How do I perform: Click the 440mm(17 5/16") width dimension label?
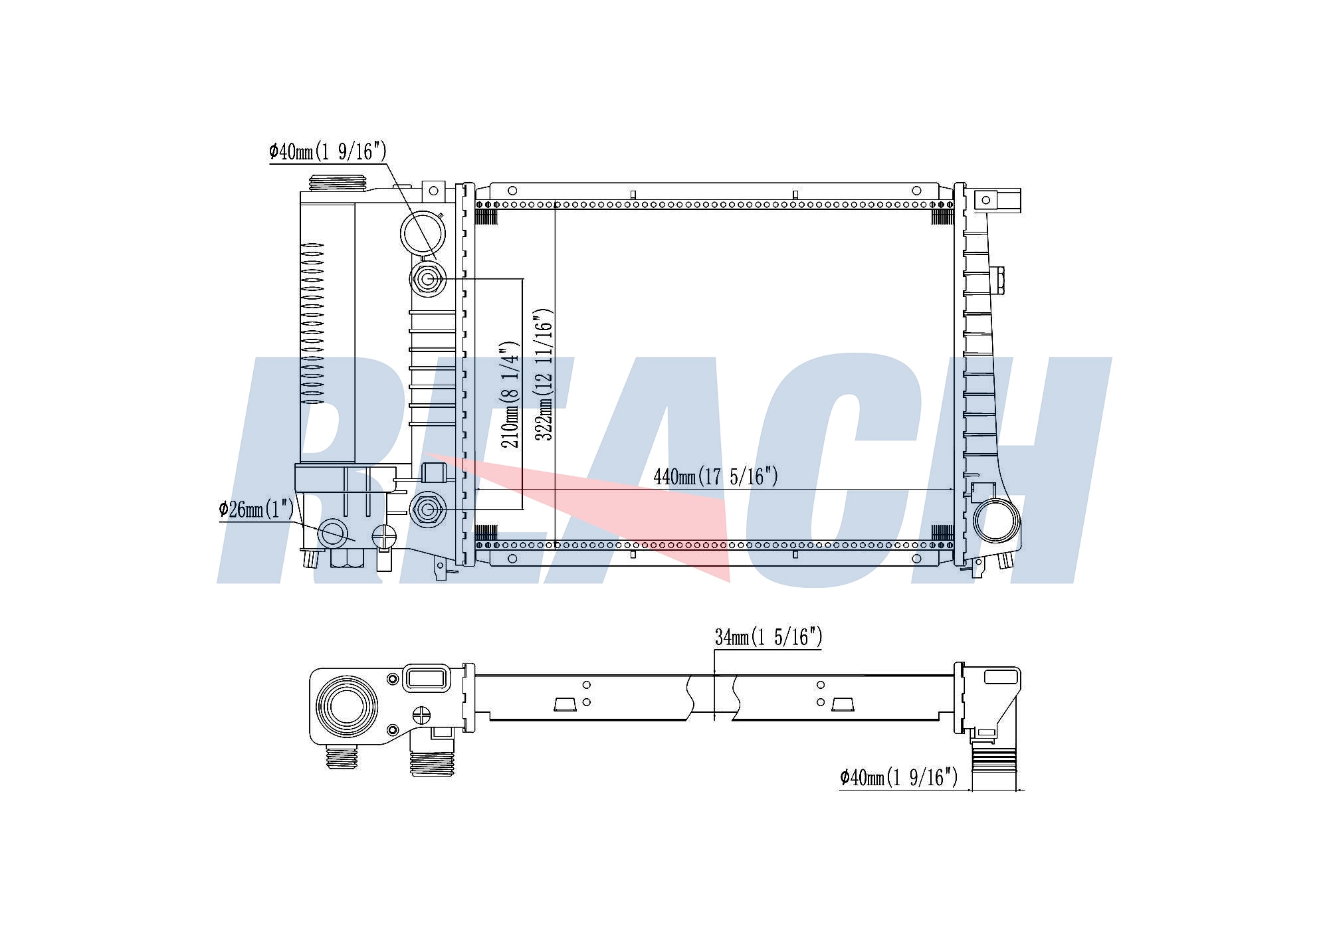coord(716,476)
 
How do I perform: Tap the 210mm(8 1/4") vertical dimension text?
coord(510,395)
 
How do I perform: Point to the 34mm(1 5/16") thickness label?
coord(769,637)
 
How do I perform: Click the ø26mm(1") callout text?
coord(256,510)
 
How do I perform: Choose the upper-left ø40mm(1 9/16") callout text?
coord(328,151)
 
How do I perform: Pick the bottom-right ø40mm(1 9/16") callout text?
coord(898,777)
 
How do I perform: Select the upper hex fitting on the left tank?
coord(427,279)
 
